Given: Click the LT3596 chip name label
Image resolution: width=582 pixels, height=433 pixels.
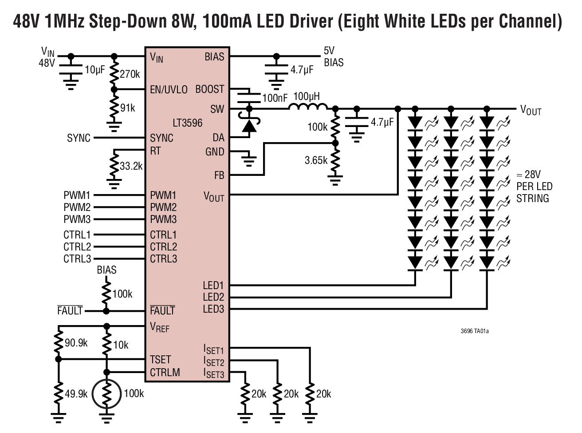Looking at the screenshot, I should tap(187, 123).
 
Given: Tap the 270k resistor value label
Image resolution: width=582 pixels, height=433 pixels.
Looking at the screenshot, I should tap(130, 74).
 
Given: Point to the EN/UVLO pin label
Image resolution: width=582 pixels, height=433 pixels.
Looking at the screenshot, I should tap(169, 89).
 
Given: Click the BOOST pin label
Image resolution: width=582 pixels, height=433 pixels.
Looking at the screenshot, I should tap(210, 89).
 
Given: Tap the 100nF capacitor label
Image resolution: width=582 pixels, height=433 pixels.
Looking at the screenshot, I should tap(275, 98).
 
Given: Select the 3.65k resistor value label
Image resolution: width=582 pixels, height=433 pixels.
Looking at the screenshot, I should tap(316, 160).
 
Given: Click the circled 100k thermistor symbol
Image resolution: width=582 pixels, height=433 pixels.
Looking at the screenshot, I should tap(106, 393).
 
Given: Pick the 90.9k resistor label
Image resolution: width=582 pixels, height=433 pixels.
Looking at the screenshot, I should tap(76, 343).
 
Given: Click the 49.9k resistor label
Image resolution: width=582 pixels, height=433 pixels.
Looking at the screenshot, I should tap(76, 393).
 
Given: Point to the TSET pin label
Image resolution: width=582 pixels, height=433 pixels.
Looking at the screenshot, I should tap(160, 359).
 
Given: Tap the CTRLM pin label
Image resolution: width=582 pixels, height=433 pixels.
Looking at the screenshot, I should tap(165, 372).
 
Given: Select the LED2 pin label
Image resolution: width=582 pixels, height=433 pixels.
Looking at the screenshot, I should tap(213, 297).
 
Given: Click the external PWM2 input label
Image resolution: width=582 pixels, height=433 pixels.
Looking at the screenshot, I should tap(77, 207).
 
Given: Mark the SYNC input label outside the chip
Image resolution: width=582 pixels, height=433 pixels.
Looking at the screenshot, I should tap(79, 138).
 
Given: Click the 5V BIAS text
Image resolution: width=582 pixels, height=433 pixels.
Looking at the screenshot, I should tap(333, 57).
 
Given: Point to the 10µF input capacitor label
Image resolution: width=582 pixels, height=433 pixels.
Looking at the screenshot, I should tap(94, 70).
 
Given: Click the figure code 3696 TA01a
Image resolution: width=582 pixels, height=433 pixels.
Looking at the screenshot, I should tap(477, 331).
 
